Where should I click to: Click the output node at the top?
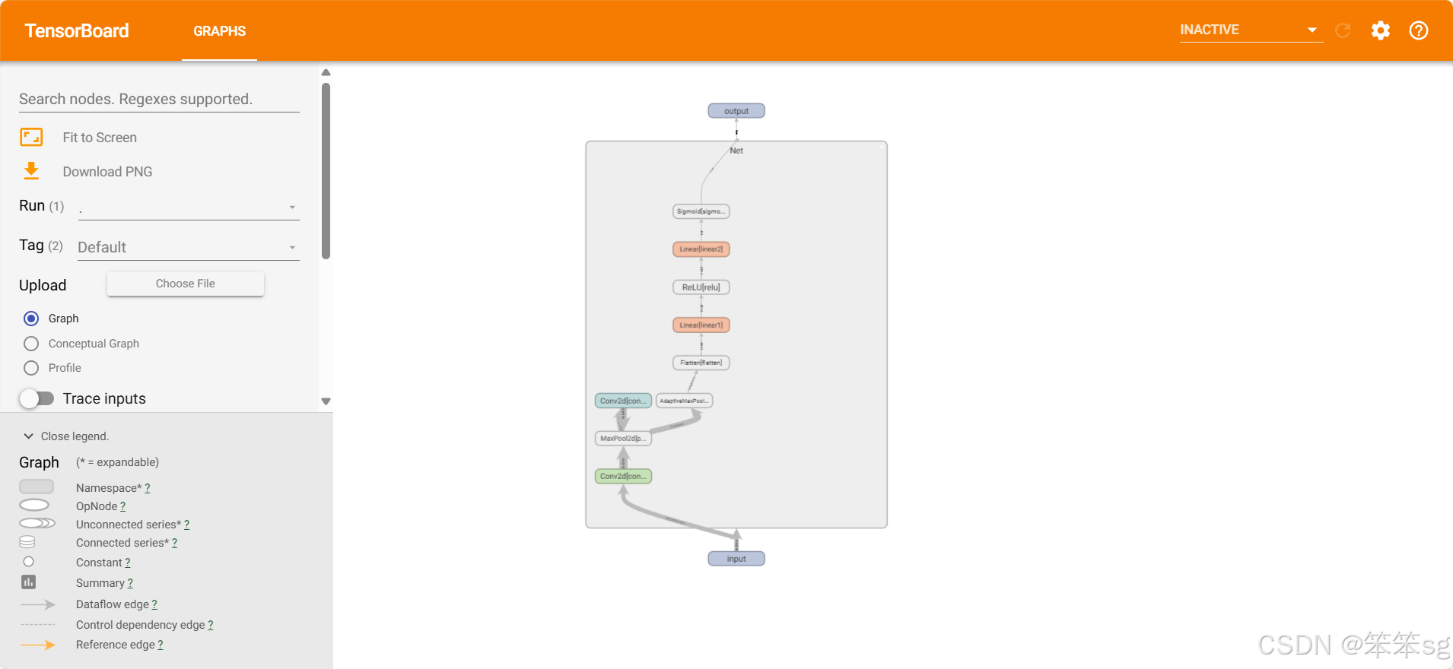point(736,111)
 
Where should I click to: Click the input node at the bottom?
point(736,559)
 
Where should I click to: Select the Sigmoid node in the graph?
point(701,211)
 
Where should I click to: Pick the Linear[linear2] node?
point(701,249)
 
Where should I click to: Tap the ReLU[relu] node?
point(701,287)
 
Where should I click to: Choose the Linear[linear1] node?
point(701,325)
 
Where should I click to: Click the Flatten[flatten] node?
point(701,363)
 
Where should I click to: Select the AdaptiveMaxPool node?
point(684,401)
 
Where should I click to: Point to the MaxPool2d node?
point(623,439)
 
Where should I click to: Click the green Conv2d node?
point(623,477)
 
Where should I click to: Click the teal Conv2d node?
point(623,401)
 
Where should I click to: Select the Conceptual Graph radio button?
point(31,344)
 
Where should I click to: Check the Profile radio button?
point(31,368)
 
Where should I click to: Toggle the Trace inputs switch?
point(37,398)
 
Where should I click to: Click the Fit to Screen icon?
point(31,137)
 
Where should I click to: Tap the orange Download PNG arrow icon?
point(31,171)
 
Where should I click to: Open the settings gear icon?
point(1380,30)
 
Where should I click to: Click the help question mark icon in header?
point(1418,30)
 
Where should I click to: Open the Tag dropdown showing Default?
point(188,247)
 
